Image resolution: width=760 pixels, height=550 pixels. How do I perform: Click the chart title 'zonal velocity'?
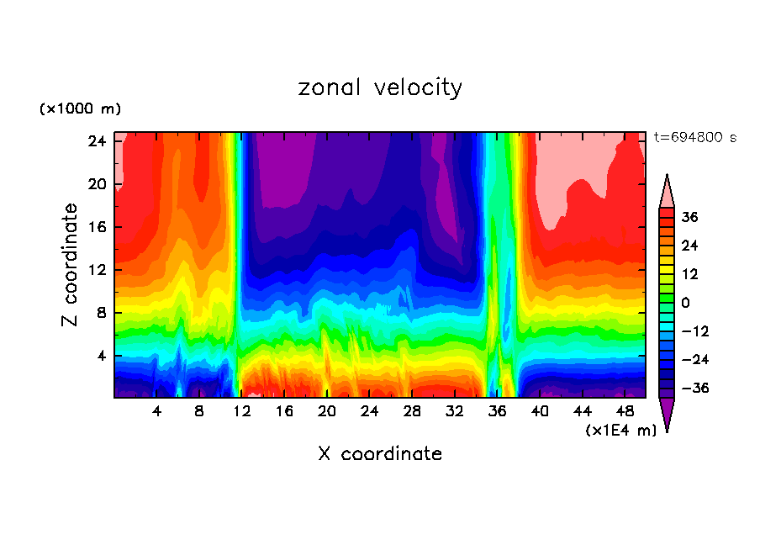[x=380, y=87]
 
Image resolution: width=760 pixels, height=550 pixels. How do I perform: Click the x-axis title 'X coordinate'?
[x=380, y=454]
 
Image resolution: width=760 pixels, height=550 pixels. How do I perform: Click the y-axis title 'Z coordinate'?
[x=71, y=265]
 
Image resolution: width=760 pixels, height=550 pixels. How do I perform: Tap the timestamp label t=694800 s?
[x=694, y=137]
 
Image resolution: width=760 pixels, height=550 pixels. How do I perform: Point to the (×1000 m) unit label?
[x=80, y=109]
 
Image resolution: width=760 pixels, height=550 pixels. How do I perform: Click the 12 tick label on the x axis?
[x=242, y=411]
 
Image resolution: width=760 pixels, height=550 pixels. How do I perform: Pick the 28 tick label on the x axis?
[x=412, y=411]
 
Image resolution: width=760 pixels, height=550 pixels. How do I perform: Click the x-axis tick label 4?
[x=156, y=411]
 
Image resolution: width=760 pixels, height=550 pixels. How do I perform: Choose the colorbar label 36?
[x=690, y=217]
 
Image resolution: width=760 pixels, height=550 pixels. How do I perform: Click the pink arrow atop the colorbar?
[x=667, y=192]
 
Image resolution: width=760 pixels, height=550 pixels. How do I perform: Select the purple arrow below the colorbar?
[x=667, y=414]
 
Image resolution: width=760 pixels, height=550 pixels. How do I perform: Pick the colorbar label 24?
[x=690, y=246]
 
